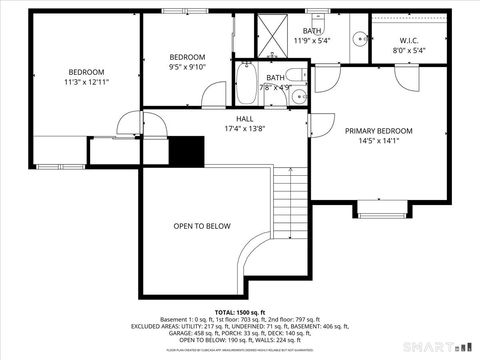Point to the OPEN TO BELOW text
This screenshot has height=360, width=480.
coord(201,226)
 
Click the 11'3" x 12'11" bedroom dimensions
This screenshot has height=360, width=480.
coord(86,83)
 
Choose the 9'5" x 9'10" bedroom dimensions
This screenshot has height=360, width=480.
coord(187,68)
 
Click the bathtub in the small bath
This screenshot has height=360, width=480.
coord(246,91)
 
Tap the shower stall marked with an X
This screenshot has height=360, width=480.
coord(271,32)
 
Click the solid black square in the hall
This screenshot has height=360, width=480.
coord(185,150)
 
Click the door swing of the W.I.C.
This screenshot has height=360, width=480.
coord(405,79)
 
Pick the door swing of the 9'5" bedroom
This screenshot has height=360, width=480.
coord(214,96)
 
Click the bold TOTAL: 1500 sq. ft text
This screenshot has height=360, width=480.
coord(240,313)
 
